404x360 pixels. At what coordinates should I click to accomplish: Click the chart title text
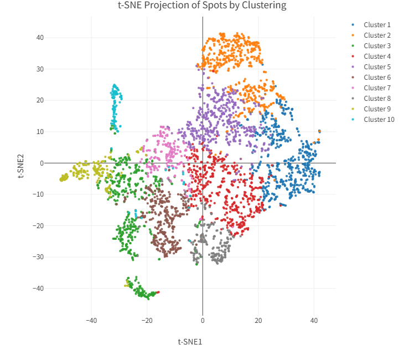[202, 6]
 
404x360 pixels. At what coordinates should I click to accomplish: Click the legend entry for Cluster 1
[377, 25]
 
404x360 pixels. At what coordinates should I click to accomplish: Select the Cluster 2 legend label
[377, 35]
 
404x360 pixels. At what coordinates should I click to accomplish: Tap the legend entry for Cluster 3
[377, 46]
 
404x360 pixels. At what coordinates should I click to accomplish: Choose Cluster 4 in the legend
[377, 56]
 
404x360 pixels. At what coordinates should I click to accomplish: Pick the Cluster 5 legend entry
[377, 67]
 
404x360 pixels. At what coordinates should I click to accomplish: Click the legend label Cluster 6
[377, 78]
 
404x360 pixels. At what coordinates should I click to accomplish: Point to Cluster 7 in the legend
[377, 88]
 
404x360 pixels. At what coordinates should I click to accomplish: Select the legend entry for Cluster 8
[377, 99]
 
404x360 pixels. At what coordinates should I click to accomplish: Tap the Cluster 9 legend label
[377, 109]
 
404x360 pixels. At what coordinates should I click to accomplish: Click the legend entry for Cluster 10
[379, 120]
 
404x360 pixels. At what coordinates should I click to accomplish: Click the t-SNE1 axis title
[190, 342]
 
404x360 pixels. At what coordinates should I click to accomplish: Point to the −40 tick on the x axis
[91, 321]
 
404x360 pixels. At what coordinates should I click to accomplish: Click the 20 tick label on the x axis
[258, 321]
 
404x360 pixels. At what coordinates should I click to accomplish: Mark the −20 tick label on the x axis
[147, 321]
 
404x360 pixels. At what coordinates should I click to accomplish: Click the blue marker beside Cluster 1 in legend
[353, 25]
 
